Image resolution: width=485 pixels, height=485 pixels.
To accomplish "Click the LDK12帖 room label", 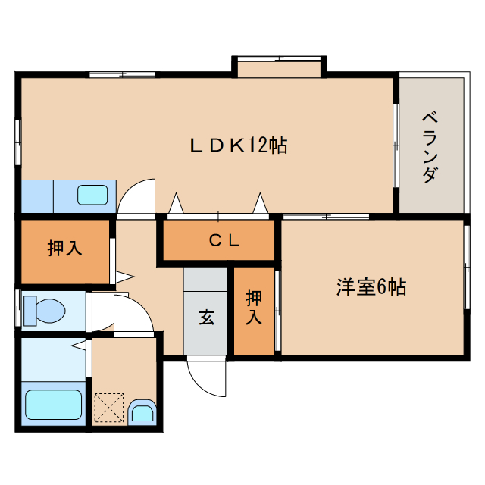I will click(237, 145).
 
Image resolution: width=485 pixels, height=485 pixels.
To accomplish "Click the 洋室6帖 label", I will click(371, 287).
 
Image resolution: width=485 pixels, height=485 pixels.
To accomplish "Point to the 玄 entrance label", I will click(206, 317).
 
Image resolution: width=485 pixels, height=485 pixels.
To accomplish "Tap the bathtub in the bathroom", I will click(53, 404).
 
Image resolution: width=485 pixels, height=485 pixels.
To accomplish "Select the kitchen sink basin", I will click(92, 196).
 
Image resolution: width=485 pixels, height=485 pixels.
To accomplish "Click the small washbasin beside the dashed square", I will click(142, 413).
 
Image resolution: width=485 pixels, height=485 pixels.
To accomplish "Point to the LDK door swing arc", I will click(137, 196).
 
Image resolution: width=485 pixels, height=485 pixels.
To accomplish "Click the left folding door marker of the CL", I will click(176, 203).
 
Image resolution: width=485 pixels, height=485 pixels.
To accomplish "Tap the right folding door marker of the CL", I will click(261, 203).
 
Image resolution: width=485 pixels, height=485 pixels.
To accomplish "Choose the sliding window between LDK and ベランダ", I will click(395, 145).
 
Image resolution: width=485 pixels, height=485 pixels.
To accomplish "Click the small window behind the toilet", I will click(17, 310).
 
